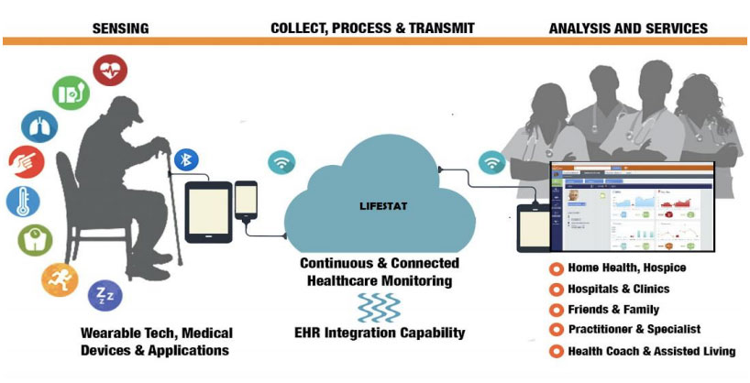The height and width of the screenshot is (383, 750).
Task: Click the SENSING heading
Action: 120,28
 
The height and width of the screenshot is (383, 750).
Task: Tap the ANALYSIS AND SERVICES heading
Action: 628,28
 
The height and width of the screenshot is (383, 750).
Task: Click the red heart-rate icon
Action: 111,71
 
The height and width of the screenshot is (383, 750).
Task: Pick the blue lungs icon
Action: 39,126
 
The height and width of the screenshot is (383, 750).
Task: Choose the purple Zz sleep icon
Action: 105,295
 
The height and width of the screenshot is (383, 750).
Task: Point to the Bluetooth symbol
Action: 186,159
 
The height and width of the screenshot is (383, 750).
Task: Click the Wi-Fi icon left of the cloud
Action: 281,163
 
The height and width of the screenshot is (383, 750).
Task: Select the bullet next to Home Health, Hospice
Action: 556,268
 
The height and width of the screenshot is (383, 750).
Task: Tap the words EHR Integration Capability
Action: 381,333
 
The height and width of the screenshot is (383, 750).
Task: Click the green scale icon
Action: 35,240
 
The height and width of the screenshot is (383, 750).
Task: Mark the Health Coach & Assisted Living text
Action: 651,351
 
